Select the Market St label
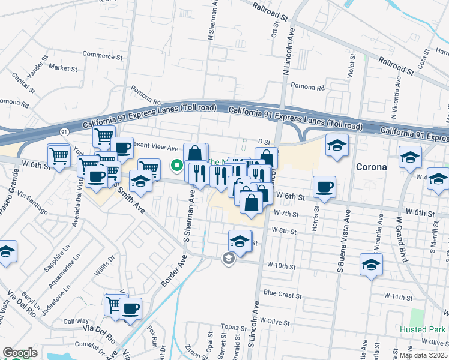coord(64,68)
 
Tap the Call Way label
coord(76,322)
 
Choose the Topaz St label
coord(230,326)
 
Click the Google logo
coord(20,353)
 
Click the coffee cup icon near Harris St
coord(324,186)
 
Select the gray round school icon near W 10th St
coord(228,259)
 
